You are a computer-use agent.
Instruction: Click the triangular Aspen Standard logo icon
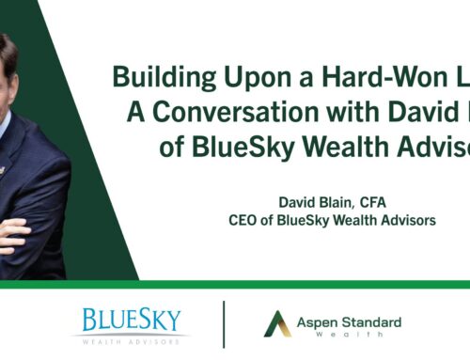(x=277, y=324)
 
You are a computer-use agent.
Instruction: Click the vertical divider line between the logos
(x=224, y=323)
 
